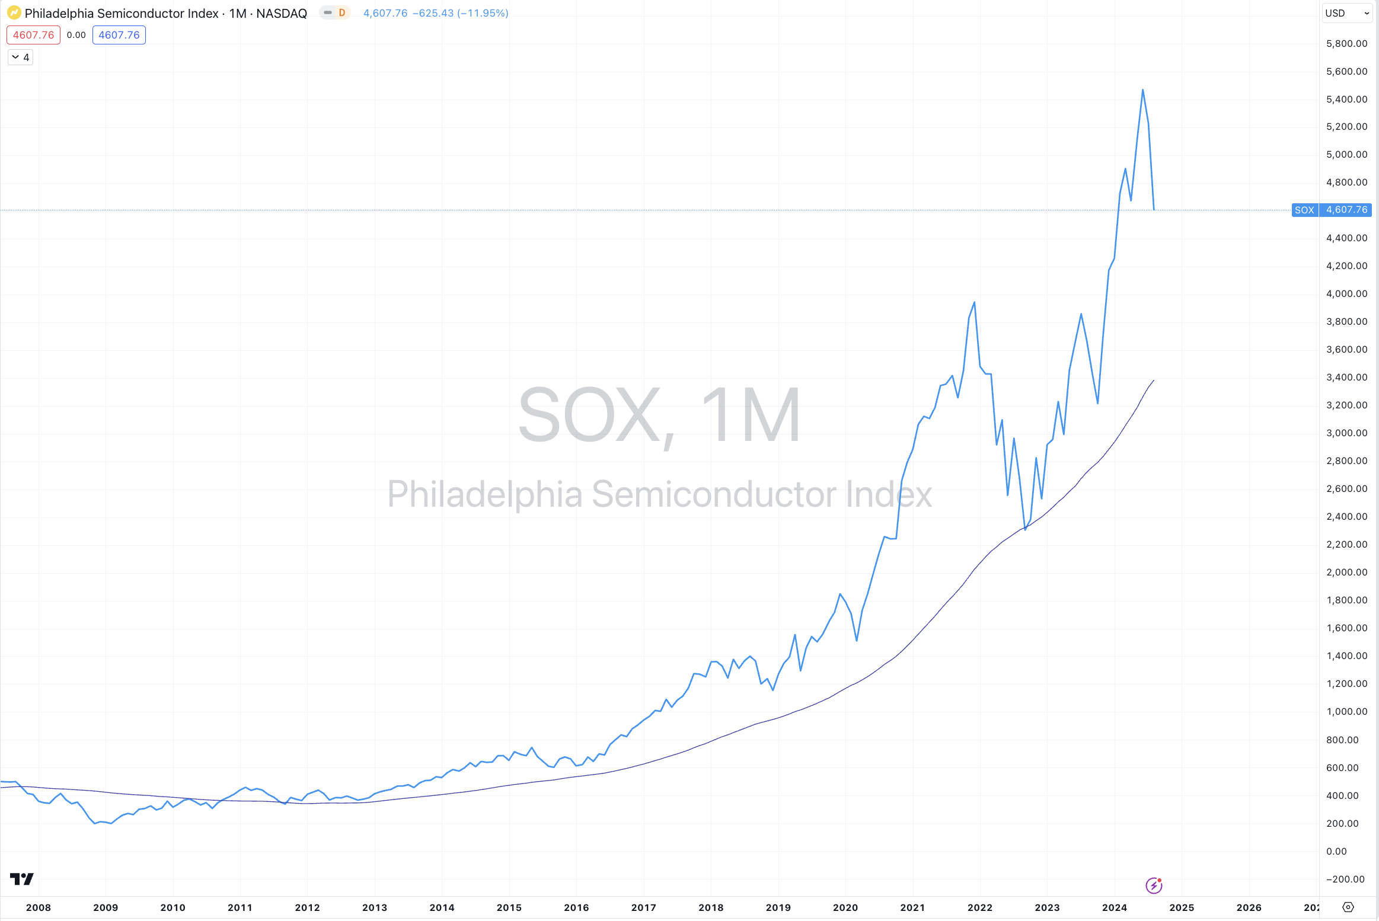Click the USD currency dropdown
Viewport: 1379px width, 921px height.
(x=1346, y=13)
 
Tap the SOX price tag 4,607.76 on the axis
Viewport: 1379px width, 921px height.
(x=1346, y=210)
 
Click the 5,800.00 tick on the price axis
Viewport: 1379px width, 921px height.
(x=1346, y=43)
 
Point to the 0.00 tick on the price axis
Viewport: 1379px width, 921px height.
(x=1336, y=851)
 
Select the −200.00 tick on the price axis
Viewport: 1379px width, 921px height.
(x=1345, y=879)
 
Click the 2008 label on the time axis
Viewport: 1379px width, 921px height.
(x=39, y=907)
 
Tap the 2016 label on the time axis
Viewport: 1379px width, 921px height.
(x=576, y=907)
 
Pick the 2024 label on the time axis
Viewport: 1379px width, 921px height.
(x=1114, y=907)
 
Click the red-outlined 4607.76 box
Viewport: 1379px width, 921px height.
(x=33, y=35)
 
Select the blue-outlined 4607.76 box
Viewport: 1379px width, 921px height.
(x=119, y=35)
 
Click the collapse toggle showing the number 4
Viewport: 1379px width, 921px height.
(x=20, y=57)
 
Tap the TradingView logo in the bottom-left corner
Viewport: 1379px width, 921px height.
(x=22, y=878)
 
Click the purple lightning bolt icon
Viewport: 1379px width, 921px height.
(x=1154, y=885)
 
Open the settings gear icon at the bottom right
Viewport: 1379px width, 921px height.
(x=1348, y=907)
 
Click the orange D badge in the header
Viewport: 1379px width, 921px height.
(x=341, y=12)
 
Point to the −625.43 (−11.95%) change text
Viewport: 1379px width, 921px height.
(x=460, y=13)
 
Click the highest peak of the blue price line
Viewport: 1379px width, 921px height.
(x=1142, y=90)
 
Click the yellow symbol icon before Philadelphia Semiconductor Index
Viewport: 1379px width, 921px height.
(x=14, y=13)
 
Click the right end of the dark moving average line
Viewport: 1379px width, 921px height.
(x=1153, y=380)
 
